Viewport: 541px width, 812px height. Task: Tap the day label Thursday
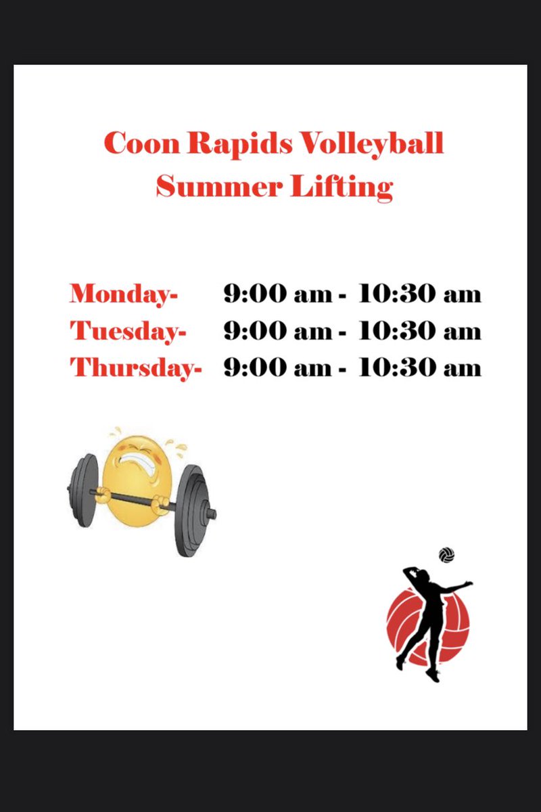point(136,368)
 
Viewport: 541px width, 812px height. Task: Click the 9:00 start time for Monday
point(248,294)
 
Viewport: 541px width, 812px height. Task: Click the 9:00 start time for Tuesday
point(248,331)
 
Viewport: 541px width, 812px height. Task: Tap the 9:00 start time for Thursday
point(248,367)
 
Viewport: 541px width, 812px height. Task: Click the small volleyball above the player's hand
point(446,555)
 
